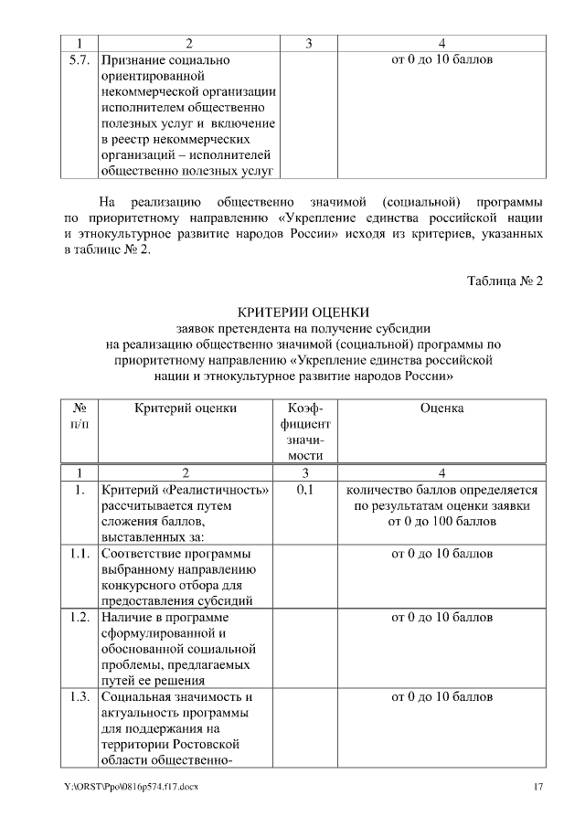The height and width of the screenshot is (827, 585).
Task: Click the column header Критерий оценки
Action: (186, 408)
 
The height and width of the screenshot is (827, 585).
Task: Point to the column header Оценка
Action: (442, 408)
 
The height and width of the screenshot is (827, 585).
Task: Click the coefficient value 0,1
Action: (305, 490)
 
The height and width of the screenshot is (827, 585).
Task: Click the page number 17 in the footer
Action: (538, 788)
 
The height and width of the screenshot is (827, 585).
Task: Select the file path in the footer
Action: (131, 788)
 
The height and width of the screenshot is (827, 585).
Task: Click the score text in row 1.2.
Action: (442, 618)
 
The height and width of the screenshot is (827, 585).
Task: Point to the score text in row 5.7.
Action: (442, 60)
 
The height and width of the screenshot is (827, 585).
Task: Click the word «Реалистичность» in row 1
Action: (216, 490)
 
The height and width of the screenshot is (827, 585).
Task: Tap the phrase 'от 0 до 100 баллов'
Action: (442, 522)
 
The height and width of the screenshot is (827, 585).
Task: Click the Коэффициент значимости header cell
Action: (305, 431)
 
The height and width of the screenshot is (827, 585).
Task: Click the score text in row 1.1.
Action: (442, 554)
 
